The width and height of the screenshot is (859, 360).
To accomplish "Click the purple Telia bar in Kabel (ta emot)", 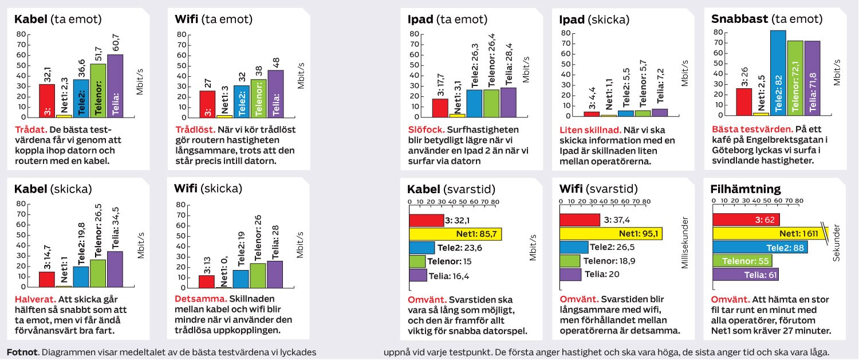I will (x=115, y=86).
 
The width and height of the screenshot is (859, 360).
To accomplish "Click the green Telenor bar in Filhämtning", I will (x=742, y=261).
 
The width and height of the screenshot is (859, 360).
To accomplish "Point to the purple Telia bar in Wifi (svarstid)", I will (x=570, y=274).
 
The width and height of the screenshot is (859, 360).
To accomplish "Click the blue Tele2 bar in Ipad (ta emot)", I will (x=474, y=103).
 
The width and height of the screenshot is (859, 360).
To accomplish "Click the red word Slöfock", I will (x=425, y=130).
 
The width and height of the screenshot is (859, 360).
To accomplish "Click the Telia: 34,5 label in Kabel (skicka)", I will (x=115, y=229).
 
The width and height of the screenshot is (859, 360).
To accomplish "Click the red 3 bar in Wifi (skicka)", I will (x=206, y=281).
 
